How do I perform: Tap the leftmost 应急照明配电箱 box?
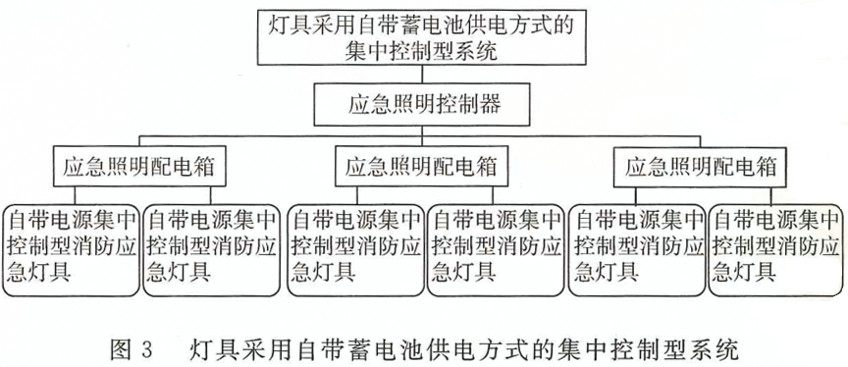pyautogui.click(x=137, y=166)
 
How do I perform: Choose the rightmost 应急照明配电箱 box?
pyautogui.click(x=701, y=166)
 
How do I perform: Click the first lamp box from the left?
pyautogui.click(x=71, y=250)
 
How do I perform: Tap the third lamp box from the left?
pyautogui.click(x=355, y=250)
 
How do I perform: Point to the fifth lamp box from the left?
pyautogui.click(x=637, y=250)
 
